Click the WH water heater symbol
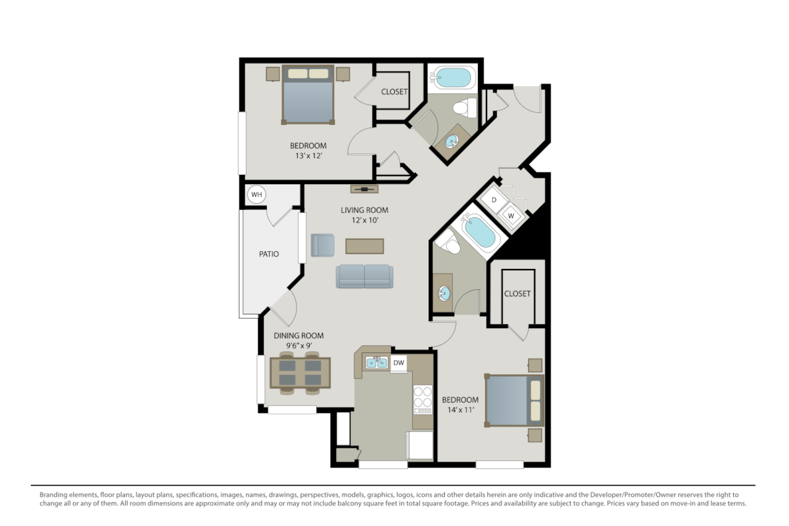click(x=256, y=195)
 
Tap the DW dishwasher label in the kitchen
click(x=398, y=362)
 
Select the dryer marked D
click(x=494, y=200)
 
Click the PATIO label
click(x=268, y=254)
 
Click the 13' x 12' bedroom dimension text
click(x=308, y=156)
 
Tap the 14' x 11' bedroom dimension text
click(x=460, y=410)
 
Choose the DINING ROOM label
click(x=299, y=335)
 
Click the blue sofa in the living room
click(x=364, y=276)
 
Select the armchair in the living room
click(x=323, y=245)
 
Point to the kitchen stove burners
click(x=422, y=400)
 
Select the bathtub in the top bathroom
click(x=451, y=78)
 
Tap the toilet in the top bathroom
click(x=466, y=107)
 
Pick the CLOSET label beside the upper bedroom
click(x=394, y=92)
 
